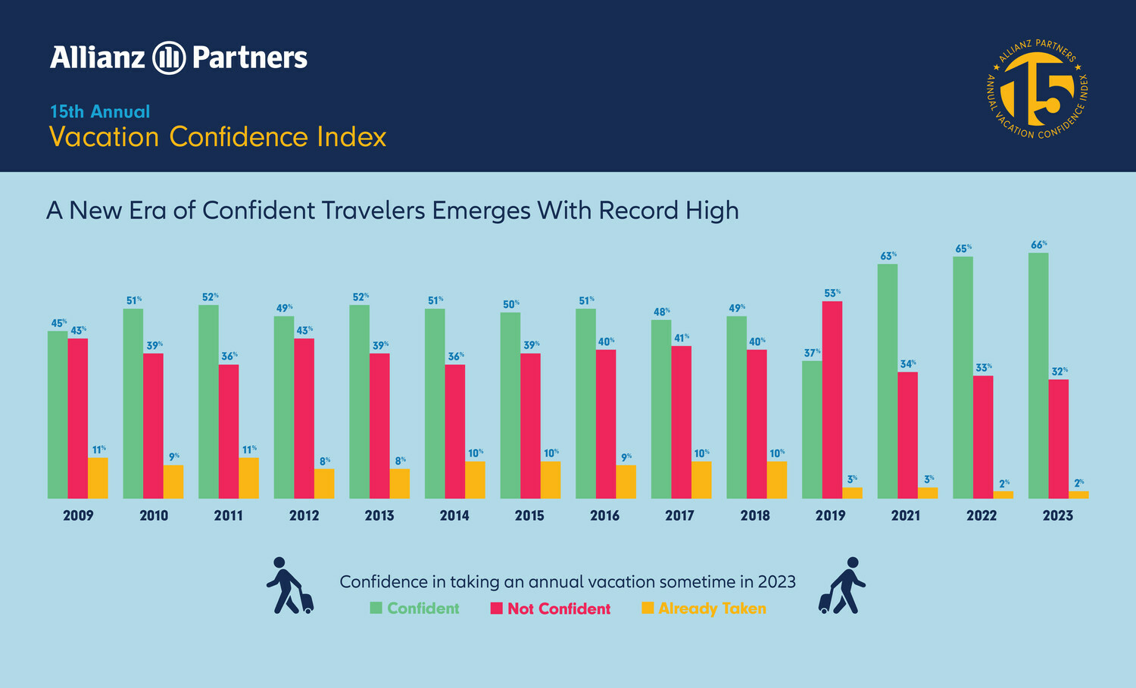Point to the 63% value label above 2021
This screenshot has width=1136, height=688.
click(x=888, y=257)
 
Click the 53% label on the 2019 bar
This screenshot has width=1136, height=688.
click(x=832, y=293)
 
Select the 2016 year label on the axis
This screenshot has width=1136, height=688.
click(x=604, y=515)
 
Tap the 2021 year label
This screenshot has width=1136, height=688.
click(x=905, y=515)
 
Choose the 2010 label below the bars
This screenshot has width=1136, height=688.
click(x=154, y=515)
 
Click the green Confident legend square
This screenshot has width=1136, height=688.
click(x=376, y=608)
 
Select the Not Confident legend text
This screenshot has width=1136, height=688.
click(x=559, y=609)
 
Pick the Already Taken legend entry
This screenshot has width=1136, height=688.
click(x=712, y=609)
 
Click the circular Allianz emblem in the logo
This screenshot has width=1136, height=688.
click(x=169, y=58)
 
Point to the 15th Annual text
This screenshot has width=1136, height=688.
click(x=100, y=111)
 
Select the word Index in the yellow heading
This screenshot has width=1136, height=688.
click(x=351, y=137)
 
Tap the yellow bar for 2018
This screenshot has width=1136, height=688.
click(x=776, y=480)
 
